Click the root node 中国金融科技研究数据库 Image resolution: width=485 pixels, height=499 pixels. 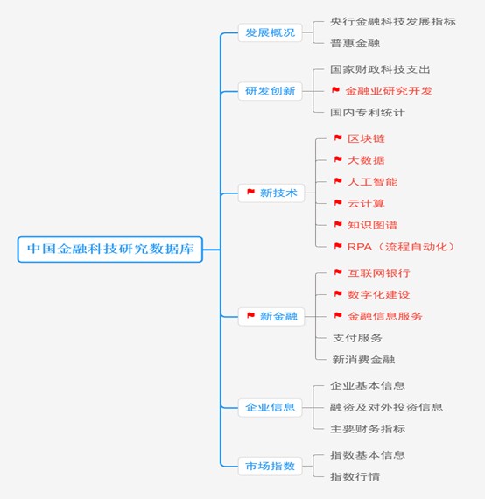click(x=110, y=249)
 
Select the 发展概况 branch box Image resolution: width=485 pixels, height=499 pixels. click(x=271, y=32)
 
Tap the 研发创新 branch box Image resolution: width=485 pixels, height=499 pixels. click(x=271, y=91)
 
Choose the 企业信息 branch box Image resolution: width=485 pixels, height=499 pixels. click(x=271, y=407)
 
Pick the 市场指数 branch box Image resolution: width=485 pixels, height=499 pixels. click(x=271, y=467)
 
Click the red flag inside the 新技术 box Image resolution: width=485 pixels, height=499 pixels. click(x=250, y=192)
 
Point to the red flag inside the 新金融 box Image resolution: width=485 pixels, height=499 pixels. click(x=250, y=315)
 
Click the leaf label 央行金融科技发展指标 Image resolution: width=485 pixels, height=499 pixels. click(x=393, y=22)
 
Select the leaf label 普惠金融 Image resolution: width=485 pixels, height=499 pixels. click(x=355, y=43)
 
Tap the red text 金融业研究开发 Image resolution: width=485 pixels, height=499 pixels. click(x=389, y=91)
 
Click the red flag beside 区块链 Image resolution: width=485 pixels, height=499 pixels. click(x=338, y=137)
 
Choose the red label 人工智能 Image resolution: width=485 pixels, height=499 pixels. click(x=372, y=182)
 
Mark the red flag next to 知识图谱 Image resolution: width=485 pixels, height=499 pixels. click(x=338, y=224)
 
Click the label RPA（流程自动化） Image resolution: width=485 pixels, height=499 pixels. click(x=401, y=247)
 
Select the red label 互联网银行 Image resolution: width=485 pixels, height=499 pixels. click(x=379, y=273)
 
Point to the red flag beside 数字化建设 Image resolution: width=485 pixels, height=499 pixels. click(x=338, y=293)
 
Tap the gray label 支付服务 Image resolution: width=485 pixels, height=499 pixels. click(x=357, y=338)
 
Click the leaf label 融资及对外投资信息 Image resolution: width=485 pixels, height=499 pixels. click(x=386, y=407)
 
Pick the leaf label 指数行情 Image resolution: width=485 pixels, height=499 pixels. click(x=355, y=477)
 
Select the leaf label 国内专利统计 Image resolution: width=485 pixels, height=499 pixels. click(x=368, y=112)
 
